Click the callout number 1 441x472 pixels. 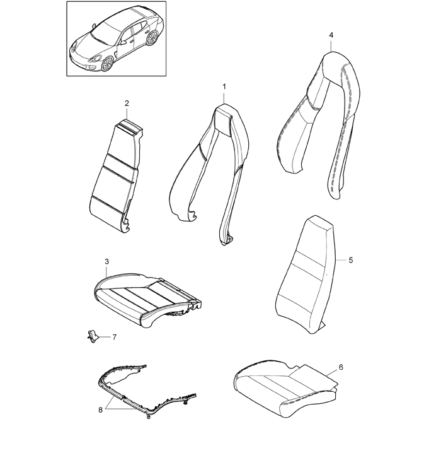224,86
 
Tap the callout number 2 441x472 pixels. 127,103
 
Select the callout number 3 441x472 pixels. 106,262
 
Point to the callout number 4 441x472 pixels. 331,35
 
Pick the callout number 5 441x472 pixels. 351,260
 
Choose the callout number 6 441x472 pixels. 341,367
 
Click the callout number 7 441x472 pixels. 114,337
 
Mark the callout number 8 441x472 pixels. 100,410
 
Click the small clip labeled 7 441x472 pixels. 93,336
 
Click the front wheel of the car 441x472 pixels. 107,64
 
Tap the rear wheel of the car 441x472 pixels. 152,38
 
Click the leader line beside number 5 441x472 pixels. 341,260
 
